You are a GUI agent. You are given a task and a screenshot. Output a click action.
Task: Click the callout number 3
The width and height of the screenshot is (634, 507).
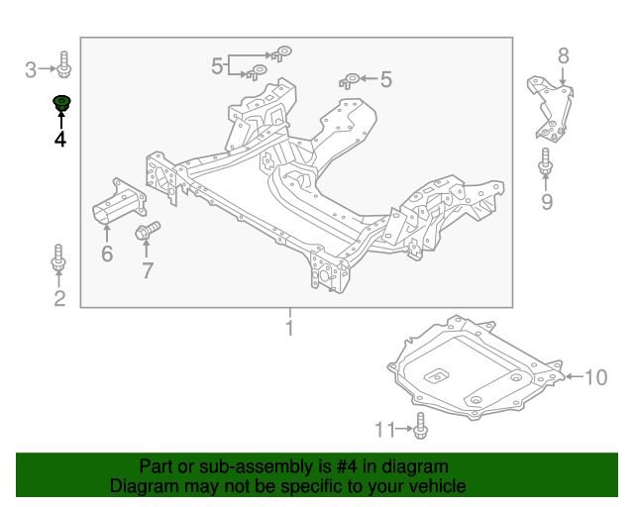(x=31, y=69)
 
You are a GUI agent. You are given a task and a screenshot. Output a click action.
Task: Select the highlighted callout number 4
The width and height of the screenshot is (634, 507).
(x=60, y=140)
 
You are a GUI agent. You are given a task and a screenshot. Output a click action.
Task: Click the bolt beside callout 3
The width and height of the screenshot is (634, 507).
(x=62, y=65)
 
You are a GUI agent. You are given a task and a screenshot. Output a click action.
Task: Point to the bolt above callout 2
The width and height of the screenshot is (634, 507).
(x=58, y=258)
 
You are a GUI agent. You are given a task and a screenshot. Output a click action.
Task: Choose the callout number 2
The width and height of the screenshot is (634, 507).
(x=59, y=298)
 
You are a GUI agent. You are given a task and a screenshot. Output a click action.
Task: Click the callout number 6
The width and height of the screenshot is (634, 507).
(x=107, y=254)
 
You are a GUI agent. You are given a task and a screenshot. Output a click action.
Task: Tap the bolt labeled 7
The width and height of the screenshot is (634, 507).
(x=146, y=233)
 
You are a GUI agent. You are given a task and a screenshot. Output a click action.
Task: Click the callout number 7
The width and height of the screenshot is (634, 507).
(x=148, y=270)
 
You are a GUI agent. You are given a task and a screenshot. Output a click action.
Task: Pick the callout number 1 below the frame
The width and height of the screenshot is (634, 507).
(x=290, y=328)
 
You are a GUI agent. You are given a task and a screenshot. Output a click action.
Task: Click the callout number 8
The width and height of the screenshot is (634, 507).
(x=563, y=55)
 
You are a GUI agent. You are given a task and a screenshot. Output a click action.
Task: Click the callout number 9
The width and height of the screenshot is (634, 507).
(x=546, y=203)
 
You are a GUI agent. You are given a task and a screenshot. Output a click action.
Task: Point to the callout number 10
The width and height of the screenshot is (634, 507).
(x=594, y=377)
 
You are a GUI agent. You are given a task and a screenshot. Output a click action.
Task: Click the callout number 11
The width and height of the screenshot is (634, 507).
(x=384, y=429)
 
